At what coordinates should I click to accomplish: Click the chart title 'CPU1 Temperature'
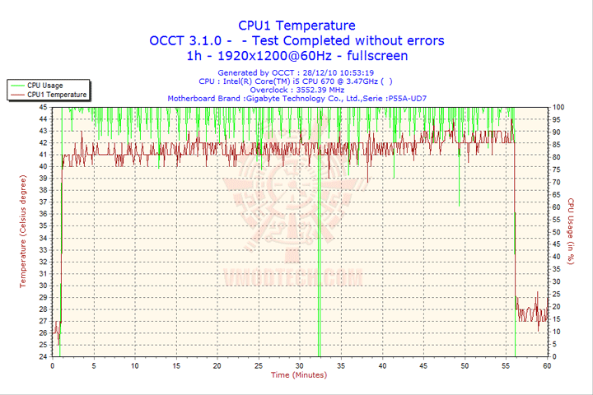(297, 26)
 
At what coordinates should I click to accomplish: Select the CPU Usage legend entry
(44, 85)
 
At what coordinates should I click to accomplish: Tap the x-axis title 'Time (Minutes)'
(298, 375)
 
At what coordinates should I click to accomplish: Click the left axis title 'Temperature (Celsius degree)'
(23, 231)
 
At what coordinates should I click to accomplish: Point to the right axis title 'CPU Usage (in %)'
(570, 231)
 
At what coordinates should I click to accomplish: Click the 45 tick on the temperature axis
(44, 107)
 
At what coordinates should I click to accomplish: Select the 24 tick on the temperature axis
(44, 357)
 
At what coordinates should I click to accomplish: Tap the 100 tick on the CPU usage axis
(558, 107)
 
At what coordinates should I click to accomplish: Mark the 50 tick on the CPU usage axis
(557, 232)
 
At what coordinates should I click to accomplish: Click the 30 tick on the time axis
(300, 365)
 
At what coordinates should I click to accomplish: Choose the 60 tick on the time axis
(547, 365)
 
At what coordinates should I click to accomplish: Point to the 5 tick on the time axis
(94, 365)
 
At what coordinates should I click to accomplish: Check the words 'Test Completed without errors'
(348, 40)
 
